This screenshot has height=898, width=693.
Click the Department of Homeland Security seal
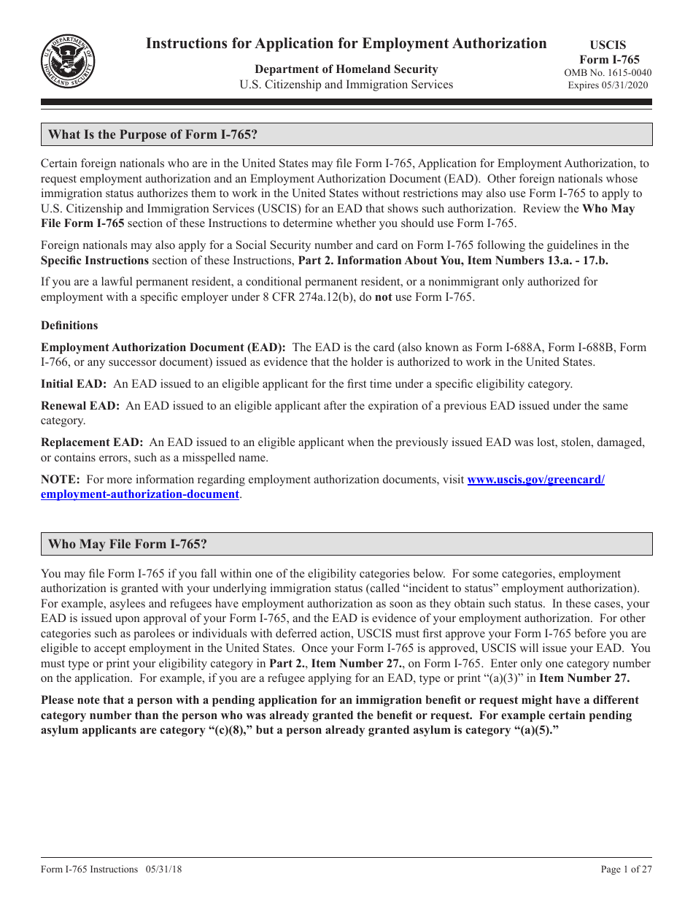68,61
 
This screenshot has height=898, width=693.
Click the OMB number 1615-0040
608,72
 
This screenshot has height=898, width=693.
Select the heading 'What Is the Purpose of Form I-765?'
153,134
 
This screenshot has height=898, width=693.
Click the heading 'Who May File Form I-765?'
128,544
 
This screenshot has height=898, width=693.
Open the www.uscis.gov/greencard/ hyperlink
535,480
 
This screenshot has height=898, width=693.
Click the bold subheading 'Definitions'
69,326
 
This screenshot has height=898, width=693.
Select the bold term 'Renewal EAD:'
80,406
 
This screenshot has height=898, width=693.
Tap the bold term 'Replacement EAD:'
92,442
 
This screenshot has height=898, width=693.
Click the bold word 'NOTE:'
61,480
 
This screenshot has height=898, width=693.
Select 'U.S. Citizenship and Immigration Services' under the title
346,85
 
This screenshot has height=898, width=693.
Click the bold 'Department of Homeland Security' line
346,69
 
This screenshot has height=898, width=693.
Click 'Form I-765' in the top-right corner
609,59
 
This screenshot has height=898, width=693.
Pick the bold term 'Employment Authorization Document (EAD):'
163,348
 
